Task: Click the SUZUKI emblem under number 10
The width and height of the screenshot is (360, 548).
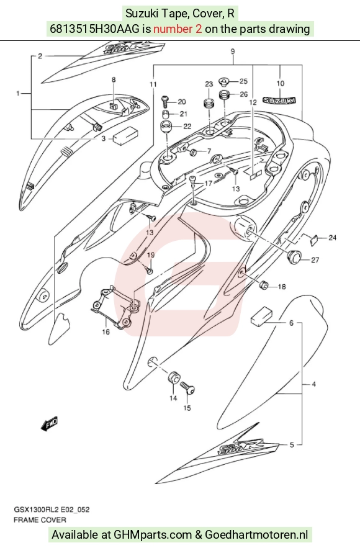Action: pyautogui.click(x=279, y=101)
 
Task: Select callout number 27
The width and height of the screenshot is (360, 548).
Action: pyautogui.click(x=315, y=260)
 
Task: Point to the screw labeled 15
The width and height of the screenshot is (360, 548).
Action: pyautogui.click(x=187, y=388)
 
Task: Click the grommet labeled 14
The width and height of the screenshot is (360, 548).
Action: pyautogui.click(x=173, y=377)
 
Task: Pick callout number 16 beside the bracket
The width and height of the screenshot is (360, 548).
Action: pyautogui.click(x=106, y=331)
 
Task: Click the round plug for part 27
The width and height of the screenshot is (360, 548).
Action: pyautogui.click(x=294, y=257)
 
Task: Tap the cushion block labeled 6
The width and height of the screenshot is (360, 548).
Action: pyautogui.click(x=261, y=316)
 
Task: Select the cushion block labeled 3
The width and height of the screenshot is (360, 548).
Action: pyautogui.click(x=125, y=135)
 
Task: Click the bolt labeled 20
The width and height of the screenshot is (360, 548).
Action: pyautogui.click(x=165, y=101)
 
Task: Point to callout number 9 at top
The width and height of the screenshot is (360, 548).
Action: pyautogui.click(x=232, y=52)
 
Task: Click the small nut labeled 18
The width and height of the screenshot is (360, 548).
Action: pyautogui.click(x=263, y=285)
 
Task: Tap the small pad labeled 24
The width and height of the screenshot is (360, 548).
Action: pyautogui.click(x=314, y=239)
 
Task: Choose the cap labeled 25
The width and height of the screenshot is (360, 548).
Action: pyautogui.click(x=223, y=82)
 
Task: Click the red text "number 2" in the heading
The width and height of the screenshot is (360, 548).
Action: pyautogui.click(x=178, y=29)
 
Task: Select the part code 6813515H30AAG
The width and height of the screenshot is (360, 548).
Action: pyautogui.click(x=95, y=29)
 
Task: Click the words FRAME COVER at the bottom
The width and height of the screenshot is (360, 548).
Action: pyautogui.click(x=40, y=519)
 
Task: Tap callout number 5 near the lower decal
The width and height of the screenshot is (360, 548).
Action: pyautogui.click(x=292, y=445)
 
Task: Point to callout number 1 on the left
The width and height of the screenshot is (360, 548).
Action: pyautogui.click(x=18, y=93)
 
